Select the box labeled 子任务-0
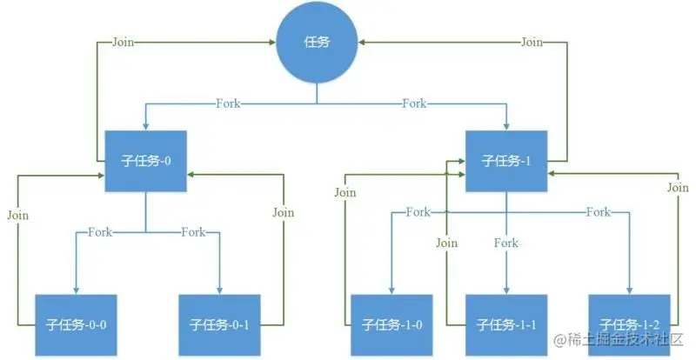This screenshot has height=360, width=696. pos(146,161)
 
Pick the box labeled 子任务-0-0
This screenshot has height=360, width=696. pos(76,325)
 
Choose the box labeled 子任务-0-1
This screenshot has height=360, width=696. pos(219,325)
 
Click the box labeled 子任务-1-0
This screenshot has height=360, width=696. pos(391,325)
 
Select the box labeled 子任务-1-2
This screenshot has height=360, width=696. pos(629,325)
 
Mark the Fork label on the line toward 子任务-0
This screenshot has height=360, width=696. pos(230,104)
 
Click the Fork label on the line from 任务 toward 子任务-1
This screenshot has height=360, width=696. pos(414,104)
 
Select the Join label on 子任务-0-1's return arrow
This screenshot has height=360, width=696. pos(284,212)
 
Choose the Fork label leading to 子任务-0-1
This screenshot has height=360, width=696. pos(193,232)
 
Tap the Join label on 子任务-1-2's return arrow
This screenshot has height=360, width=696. pos(678,187)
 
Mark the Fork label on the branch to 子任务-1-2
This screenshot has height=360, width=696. pos(598,212)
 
